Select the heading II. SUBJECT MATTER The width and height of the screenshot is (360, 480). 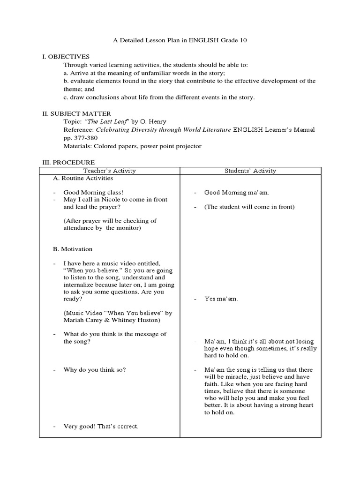(x=76, y=113)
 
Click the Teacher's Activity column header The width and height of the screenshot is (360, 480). (x=109, y=171)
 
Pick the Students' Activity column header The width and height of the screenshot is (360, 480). (x=250, y=171)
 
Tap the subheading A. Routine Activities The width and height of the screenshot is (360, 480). (x=83, y=178)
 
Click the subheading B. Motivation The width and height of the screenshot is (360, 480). (x=73, y=249)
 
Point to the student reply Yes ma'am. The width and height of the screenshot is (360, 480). (x=221, y=299)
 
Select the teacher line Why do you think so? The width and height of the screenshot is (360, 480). (x=95, y=370)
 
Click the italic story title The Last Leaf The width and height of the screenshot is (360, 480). (x=109, y=122)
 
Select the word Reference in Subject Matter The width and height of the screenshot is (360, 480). (x=78, y=130)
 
